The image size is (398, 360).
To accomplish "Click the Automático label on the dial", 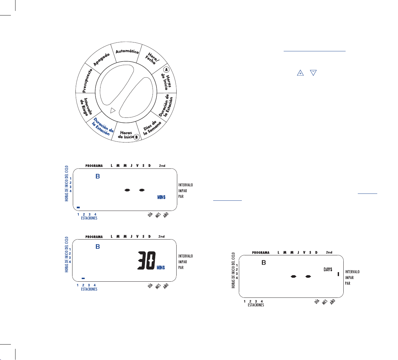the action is (x=127, y=51).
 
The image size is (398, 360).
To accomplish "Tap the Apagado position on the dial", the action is (x=101, y=59).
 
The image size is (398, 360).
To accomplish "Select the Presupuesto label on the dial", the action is (x=87, y=81).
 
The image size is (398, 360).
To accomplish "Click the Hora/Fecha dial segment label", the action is (x=152, y=58).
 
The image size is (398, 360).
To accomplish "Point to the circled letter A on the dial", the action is (x=166, y=70).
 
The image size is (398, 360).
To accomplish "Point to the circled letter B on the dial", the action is (x=136, y=137).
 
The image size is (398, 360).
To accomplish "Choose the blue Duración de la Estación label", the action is (x=103, y=126).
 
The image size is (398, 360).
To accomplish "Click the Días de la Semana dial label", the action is (x=152, y=128).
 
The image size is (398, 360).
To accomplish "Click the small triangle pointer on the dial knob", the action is (x=113, y=111).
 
